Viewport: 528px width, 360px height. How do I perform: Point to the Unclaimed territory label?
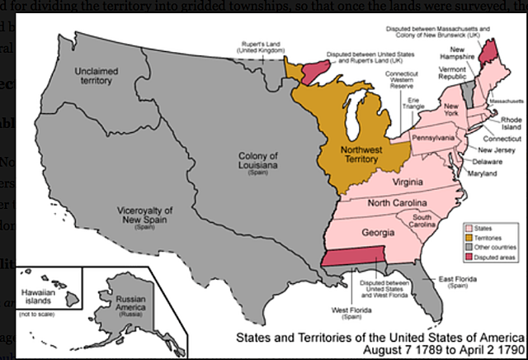point(97,77)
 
